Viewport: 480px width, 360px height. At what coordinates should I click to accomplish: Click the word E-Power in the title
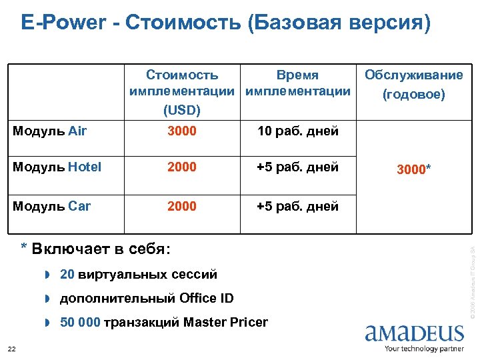point(63,23)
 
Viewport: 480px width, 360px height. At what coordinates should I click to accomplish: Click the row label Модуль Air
point(49,131)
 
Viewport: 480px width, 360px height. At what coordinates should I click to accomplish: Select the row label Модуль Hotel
point(57,167)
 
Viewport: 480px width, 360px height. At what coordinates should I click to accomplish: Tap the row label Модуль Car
point(51,206)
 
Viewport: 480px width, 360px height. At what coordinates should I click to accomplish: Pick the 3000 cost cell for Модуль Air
point(182,131)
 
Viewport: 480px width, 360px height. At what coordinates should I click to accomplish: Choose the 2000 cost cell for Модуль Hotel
point(182,167)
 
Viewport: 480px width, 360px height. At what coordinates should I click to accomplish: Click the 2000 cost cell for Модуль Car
point(182,206)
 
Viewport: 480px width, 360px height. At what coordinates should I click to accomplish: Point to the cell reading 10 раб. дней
point(298,131)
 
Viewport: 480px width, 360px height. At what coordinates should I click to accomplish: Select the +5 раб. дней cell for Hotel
point(298,167)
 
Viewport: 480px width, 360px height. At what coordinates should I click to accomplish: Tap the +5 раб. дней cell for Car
point(298,206)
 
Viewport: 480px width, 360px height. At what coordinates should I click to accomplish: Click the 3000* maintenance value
point(414,170)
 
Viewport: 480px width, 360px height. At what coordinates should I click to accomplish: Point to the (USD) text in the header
point(182,109)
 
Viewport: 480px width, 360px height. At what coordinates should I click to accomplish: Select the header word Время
point(298,75)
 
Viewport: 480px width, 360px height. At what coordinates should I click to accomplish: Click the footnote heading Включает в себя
point(100,249)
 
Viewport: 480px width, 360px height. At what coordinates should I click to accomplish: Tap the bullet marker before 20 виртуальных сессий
point(48,274)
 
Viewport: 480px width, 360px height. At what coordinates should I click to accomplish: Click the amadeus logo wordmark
point(414,333)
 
